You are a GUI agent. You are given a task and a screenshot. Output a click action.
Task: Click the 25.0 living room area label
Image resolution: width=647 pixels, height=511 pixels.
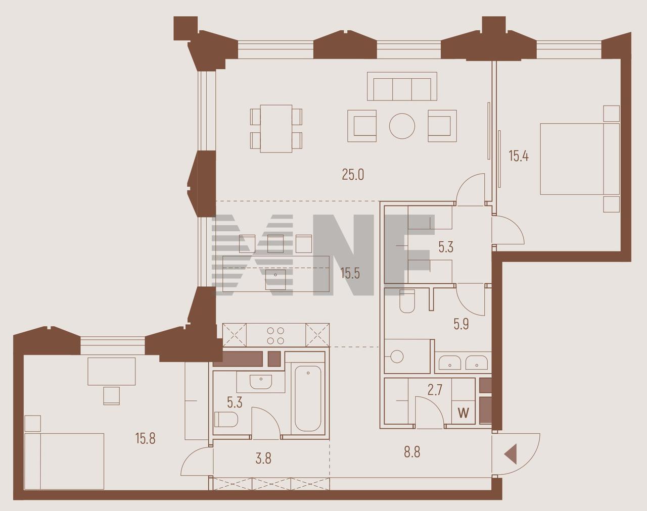point(353,174)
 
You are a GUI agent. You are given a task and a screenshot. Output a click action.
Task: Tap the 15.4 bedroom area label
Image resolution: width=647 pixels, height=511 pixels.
point(519,156)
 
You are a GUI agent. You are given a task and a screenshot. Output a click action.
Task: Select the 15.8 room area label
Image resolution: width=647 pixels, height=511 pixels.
point(146,439)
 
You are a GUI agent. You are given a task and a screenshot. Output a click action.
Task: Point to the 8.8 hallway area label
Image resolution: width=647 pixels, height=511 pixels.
point(412,451)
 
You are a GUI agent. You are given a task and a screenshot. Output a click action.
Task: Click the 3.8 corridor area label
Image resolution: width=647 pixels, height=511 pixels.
point(263,458)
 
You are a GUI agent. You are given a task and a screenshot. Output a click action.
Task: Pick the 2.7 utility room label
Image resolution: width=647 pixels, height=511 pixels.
point(435,390)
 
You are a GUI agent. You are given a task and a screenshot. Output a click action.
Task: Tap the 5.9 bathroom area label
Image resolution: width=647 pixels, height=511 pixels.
point(461,325)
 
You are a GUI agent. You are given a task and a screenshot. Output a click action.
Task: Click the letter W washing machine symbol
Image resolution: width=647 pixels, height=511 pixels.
point(464,414)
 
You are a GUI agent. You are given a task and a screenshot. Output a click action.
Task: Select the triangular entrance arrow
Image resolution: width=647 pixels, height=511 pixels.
point(511,452)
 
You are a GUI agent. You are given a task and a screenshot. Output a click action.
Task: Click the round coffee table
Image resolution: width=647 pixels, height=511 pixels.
point(402,126)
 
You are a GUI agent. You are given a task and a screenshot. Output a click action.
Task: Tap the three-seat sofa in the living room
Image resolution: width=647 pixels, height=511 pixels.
point(402,86)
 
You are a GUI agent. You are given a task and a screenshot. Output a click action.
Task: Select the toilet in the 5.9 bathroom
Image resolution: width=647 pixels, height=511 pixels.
point(407,301)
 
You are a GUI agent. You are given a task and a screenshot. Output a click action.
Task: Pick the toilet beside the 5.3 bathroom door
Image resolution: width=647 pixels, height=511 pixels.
point(226,420)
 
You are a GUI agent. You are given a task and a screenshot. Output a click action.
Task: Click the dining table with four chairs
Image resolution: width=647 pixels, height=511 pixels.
point(276,129)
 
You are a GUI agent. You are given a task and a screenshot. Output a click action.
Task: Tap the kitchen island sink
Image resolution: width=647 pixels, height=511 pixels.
point(275,279)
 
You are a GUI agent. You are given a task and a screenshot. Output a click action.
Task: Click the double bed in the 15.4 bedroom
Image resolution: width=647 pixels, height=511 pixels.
point(580,159)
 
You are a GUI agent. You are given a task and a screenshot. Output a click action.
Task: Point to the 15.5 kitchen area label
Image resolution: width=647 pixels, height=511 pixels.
point(350,273)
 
